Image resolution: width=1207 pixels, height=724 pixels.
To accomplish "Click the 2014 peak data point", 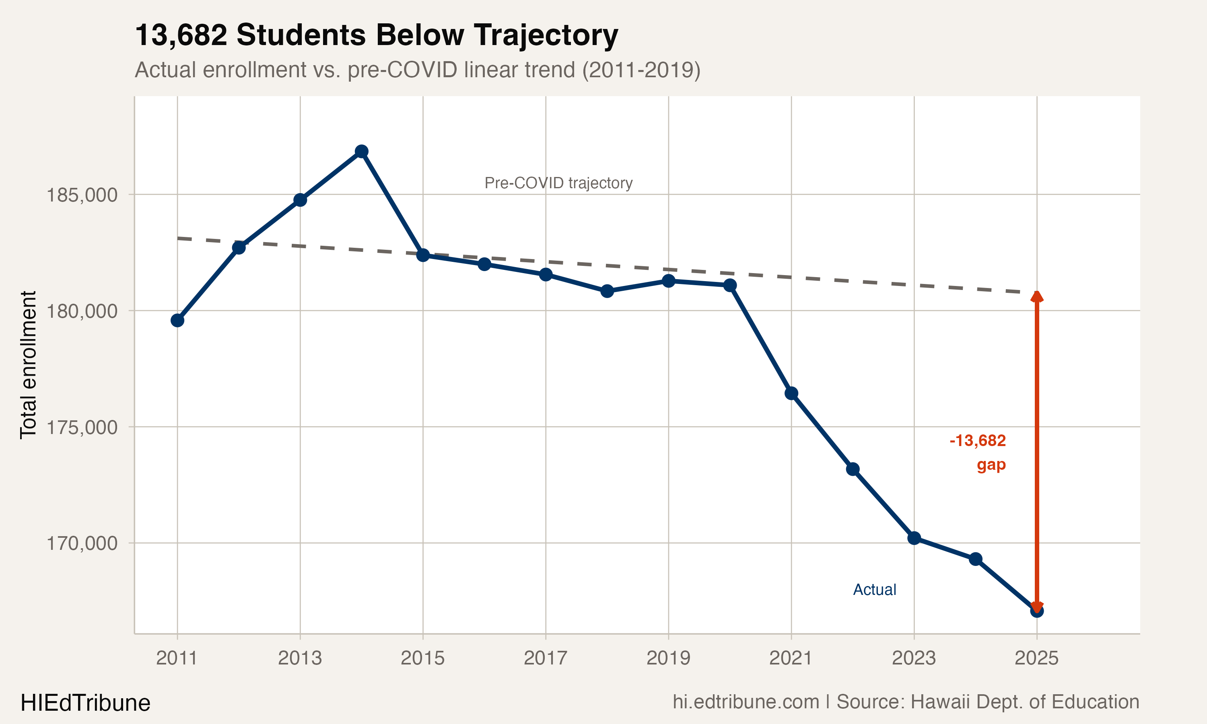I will pyautogui.click(x=362, y=151).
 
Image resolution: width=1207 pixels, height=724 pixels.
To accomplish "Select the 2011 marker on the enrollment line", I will pyautogui.click(x=177, y=321).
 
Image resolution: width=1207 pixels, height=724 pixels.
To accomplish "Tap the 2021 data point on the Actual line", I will pyautogui.click(x=791, y=393).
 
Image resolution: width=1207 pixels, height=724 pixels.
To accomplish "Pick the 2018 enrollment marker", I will pyautogui.click(x=607, y=291).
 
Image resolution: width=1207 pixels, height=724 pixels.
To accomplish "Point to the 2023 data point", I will pyautogui.click(x=914, y=538).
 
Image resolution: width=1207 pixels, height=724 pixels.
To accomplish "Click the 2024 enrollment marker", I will pyautogui.click(x=975, y=559).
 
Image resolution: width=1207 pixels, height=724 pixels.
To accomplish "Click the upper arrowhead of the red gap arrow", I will pyautogui.click(x=1037, y=296).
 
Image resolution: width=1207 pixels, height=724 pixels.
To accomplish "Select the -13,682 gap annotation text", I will pyautogui.click(x=977, y=441).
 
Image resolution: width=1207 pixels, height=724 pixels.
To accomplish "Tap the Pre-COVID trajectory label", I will pyautogui.click(x=558, y=183).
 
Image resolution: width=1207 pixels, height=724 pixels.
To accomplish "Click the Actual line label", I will pyautogui.click(x=874, y=590).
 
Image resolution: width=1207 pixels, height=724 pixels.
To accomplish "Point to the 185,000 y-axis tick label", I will pyautogui.click(x=82, y=195).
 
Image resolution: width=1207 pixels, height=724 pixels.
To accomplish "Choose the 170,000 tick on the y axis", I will pyautogui.click(x=82, y=543).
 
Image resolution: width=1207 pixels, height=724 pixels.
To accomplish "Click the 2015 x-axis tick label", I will pyautogui.click(x=422, y=658).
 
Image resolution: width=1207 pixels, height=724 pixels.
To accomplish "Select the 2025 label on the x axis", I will pyautogui.click(x=1036, y=658).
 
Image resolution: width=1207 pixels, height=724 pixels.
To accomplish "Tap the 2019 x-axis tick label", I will pyautogui.click(x=668, y=658).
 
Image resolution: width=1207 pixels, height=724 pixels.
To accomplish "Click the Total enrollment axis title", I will pyautogui.click(x=28, y=365).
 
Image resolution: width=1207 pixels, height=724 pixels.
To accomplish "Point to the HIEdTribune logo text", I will pyautogui.click(x=85, y=703).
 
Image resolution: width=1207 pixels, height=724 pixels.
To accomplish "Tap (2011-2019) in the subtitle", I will pyautogui.click(x=641, y=70).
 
